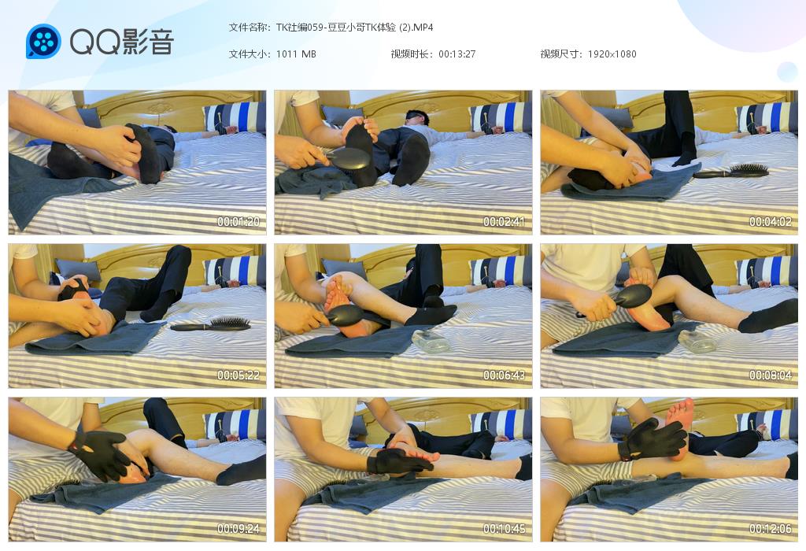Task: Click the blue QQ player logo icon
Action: click(x=44, y=41)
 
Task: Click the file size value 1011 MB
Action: click(x=296, y=54)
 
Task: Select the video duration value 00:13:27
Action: click(x=457, y=54)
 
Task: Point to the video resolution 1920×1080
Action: click(x=612, y=54)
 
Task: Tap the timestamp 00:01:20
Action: click(x=238, y=221)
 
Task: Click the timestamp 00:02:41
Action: click(x=504, y=221)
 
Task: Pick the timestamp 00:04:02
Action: click(x=770, y=221)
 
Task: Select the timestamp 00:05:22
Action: click(x=238, y=375)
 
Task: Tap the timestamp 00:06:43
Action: click(x=504, y=375)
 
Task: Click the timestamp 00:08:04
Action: click(x=770, y=375)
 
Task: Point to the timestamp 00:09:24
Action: click(x=238, y=528)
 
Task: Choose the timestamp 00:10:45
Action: click(x=504, y=528)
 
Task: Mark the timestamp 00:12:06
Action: click(x=770, y=528)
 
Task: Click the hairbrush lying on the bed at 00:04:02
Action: click(x=731, y=171)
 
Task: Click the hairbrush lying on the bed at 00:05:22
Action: click(x=211, y=324)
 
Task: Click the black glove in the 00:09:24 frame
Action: click(x=101, y=455)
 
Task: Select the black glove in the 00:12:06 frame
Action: click(x=652, y=438)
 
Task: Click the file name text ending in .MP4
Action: click(x=355, y=28)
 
